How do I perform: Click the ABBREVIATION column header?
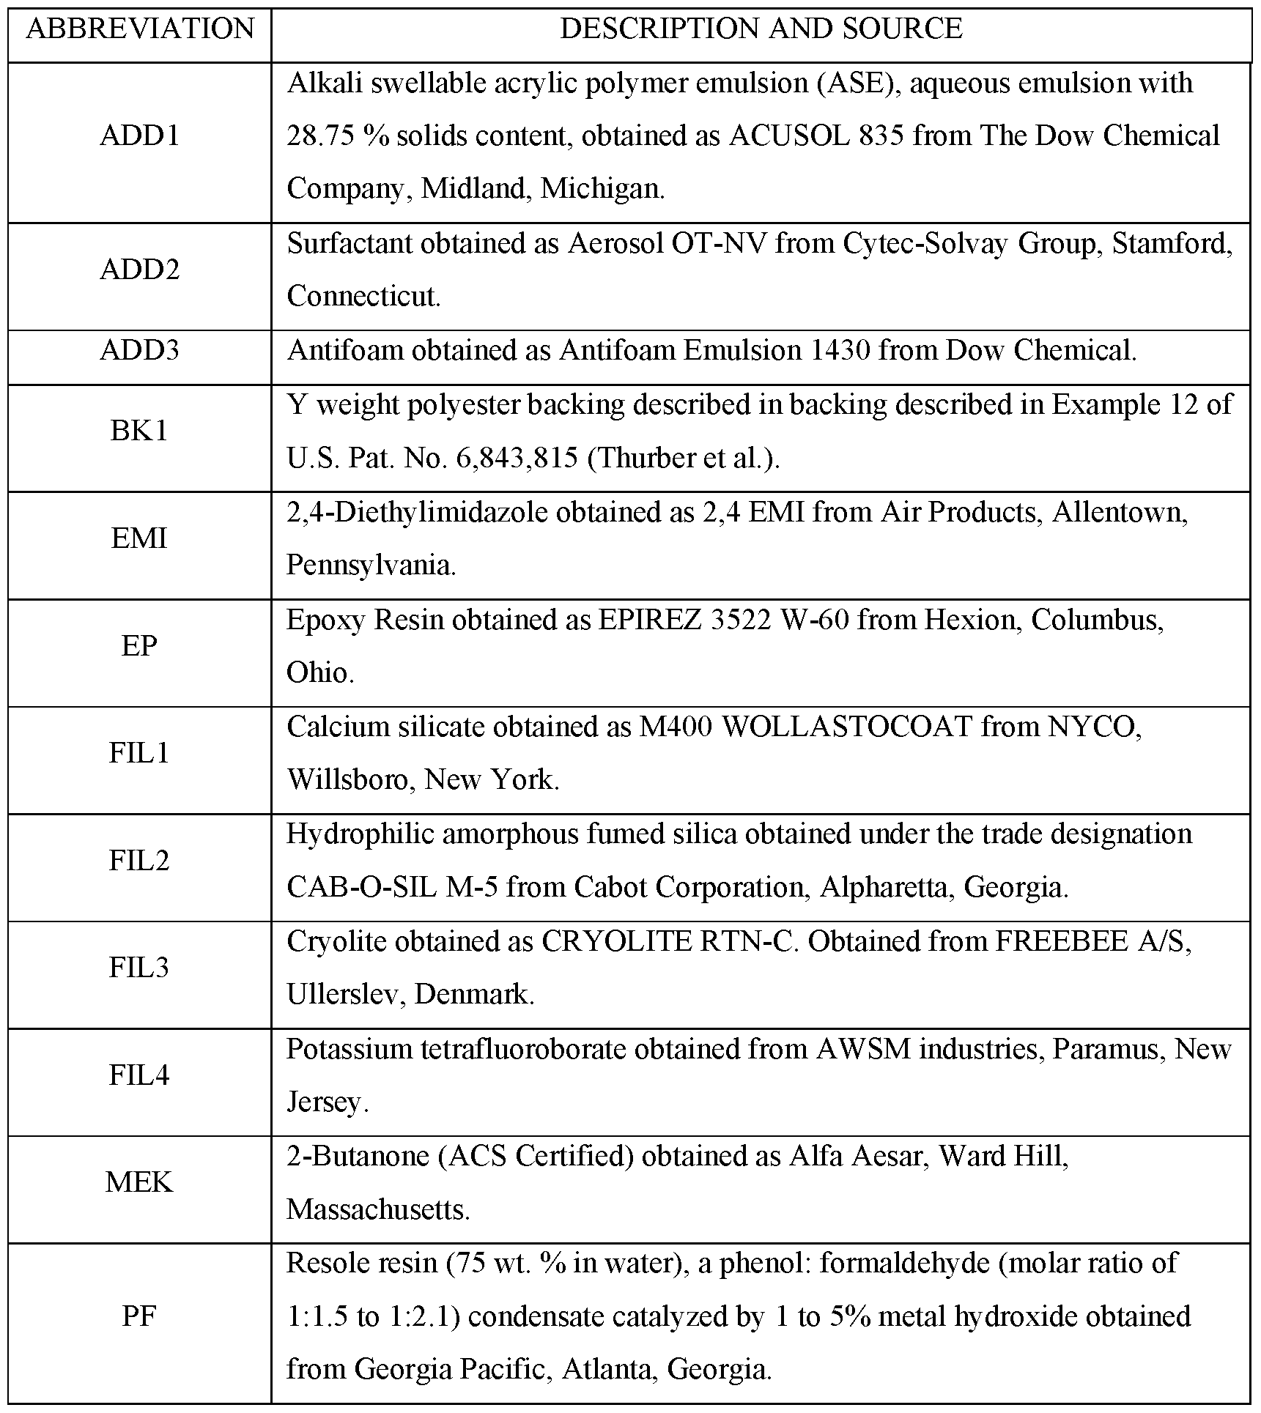tap(140, 29)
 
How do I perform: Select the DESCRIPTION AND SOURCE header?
tap(761, 29)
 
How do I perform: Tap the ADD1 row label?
tap(140, 136)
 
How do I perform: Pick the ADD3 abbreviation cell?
tap(140, 350)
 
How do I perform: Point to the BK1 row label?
tap(140, 431)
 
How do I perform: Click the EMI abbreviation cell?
tap(140, 538)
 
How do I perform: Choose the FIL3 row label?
tap(140, 968)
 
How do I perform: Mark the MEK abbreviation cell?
tap(140, 1182)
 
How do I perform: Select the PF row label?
tap(140, 1316)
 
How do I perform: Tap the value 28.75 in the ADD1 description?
tap(319, 136)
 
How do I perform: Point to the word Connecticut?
tap(363, 297)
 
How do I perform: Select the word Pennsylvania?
tap(370, 565)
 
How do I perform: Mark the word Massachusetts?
tap(377, 1209)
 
